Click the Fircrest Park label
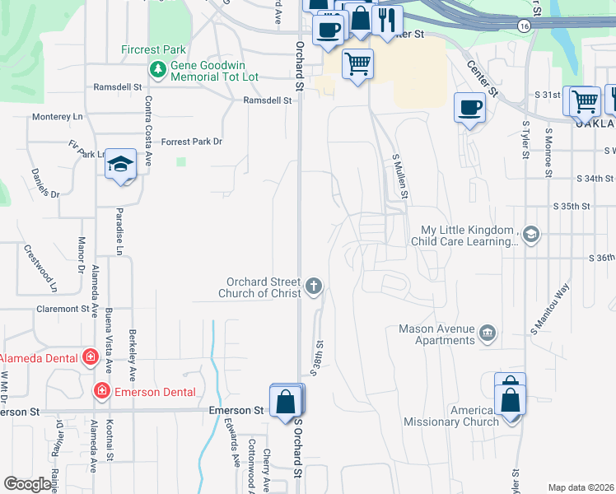coord(153,49)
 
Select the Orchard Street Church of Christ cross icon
coord(313,287)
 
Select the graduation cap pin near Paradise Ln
coord(120,164)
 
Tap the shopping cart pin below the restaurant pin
coord(357,63)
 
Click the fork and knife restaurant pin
coord(387,19)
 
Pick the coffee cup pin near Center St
coord(469,108)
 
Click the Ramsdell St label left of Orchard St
coord(268,100)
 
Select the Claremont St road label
coord(63,309)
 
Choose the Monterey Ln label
coord(58,117)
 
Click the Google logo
coord(27,484)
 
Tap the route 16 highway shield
coord(524,26)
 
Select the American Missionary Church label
coord(451,416)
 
